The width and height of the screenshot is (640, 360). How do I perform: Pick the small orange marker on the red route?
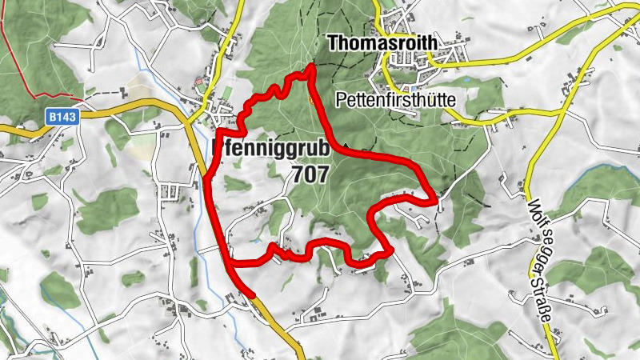coord(311,100)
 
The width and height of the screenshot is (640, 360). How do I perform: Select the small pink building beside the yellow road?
coord(199,82)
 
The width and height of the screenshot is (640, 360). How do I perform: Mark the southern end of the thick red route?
coord(253,294)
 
